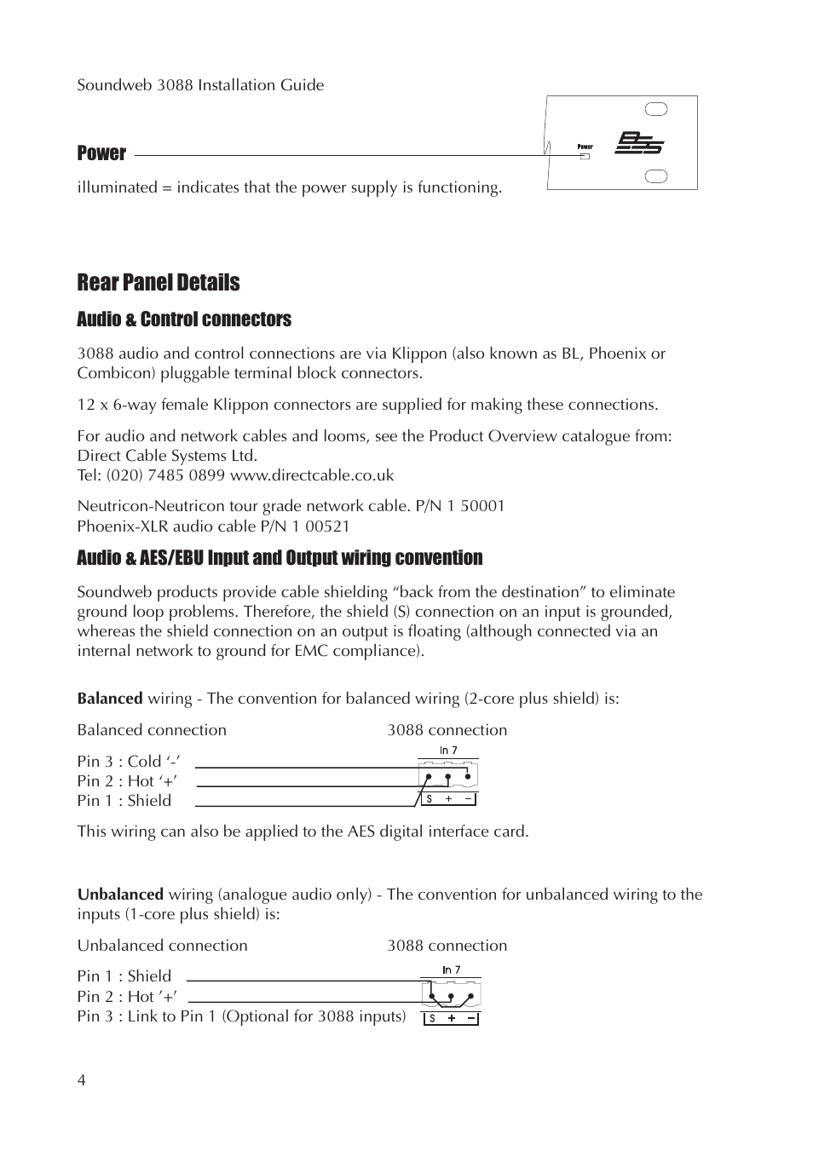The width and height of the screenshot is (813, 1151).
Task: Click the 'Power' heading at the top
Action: (x=101, y=153)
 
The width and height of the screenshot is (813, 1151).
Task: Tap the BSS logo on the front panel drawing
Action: (x=640, y=143)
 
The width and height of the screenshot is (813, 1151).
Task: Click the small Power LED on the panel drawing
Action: (x=585, y=156)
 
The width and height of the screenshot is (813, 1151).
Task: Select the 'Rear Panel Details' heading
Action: (x=159, y=283)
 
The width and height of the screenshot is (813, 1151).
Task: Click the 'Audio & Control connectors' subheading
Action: (x=184, y=319)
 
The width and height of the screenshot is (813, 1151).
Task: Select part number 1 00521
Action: (x=320, y=527)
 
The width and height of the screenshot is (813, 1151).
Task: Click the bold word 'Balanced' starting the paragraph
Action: (x=110, y=699)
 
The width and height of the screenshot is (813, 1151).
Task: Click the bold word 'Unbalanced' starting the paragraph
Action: (x=120, y=895)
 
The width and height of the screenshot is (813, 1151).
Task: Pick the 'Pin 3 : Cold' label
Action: (x=128, y=762)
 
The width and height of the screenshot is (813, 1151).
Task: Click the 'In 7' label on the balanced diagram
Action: (x=448, y=751)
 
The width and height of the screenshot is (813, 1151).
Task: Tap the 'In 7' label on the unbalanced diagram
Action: (x=451, y=970)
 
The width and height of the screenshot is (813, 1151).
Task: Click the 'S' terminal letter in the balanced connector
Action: (x=430, y=799)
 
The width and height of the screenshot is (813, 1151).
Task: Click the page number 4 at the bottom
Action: (x=82, y=1081)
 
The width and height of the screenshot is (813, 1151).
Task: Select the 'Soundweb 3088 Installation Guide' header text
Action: (x=200, y=85)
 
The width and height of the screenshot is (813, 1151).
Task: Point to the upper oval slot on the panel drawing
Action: (x=656, y=109)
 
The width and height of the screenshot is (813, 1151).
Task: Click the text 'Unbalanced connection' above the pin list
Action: (x=163, y=946)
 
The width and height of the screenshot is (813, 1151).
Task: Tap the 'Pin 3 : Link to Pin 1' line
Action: (x=241, y=1016)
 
